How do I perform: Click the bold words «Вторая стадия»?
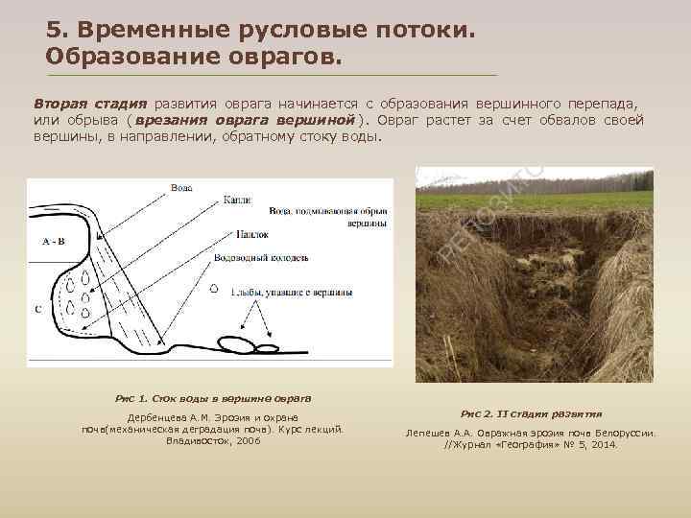pos(89,104)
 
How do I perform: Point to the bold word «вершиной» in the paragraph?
pos(316,120)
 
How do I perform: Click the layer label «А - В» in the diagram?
pos(54,242)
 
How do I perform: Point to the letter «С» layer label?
pos(37,309)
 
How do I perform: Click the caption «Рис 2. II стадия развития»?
pos(532,414)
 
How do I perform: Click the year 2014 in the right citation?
pos(601,445)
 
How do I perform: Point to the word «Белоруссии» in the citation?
pos(623,434)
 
